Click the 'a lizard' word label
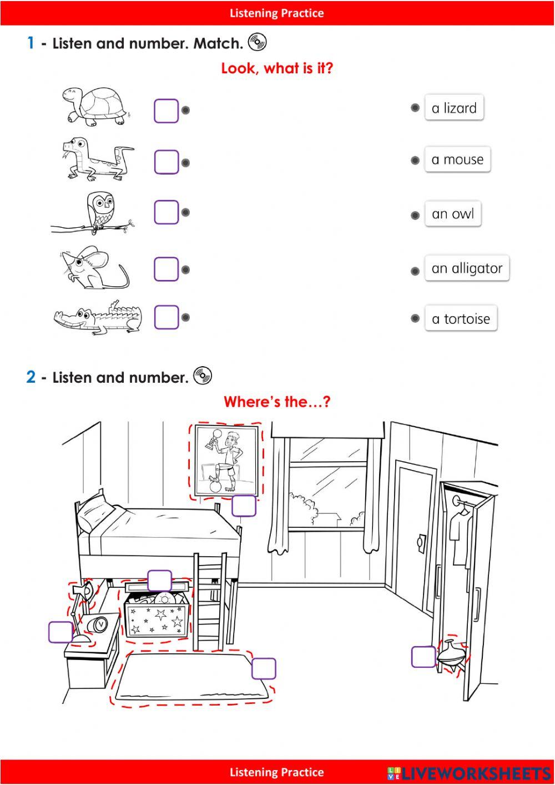click(454, 108)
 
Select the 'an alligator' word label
click(467, 268)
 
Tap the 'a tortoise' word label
click(461, 318)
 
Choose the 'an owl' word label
click(453, 213)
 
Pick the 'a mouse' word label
click(457, 159)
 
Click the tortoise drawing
click(95, 106)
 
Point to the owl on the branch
click(100, 211)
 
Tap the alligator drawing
click(98, 317)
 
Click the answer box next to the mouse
click(167, 269)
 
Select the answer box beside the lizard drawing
click(167, 162)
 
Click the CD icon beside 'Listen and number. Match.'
click(258, 42)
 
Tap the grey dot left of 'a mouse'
click(415, 161)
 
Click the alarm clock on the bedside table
click(98, 624)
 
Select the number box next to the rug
click(264, 668)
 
